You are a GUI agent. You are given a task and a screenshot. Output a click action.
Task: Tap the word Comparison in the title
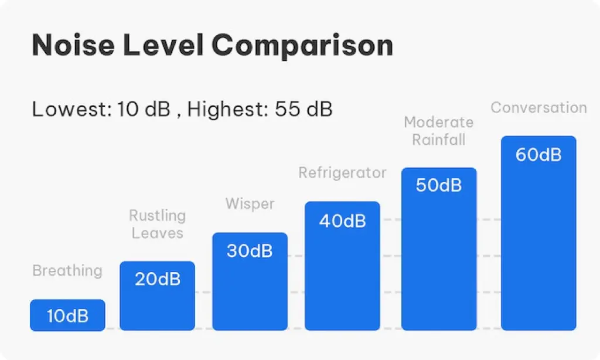[x=302, y=46]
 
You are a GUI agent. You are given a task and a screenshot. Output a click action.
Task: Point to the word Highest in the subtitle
[x=229, y=109]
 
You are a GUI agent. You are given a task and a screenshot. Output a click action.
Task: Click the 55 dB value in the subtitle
[x=304, y=109]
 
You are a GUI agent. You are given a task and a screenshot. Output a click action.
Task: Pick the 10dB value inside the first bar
[x=67, y=317]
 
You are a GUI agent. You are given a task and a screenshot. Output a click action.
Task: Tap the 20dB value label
[x=158, y=279]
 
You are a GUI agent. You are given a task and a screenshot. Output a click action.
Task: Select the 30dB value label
[x=250, y=251]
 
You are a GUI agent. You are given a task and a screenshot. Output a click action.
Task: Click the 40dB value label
[x=342, y=221]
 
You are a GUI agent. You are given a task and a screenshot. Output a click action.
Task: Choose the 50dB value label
[x=439, y=185]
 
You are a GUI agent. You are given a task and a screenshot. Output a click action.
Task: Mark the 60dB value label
[x=538, y=155]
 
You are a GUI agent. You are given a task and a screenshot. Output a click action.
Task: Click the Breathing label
[x=67, y=271]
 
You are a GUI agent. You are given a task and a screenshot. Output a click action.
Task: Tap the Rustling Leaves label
[x=157, y=225]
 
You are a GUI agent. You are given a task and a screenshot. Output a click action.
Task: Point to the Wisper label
[x=250, y=204]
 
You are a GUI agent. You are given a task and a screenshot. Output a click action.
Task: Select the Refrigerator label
[x=342, y=173]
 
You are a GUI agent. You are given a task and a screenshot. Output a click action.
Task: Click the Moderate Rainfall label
[x=439, y=131]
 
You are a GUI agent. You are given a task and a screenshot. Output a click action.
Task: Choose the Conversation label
[x=538, y=108]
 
